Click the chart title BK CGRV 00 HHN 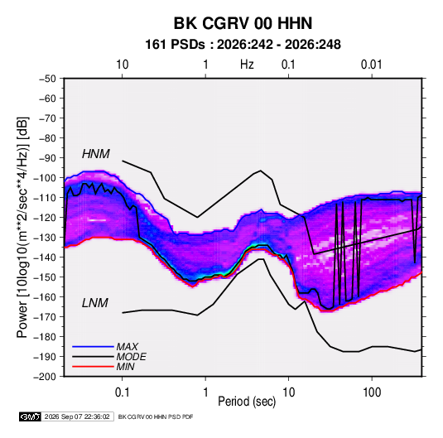pyautogui.click(x=243, y=23)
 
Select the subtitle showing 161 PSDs pyautogui.click(x=243, y=45)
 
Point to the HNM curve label pyautogui.click(x=96, y=154)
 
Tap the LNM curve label pyautogui.click(x=95, y=303)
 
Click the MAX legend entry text pyautogui.click(x=128, y=347)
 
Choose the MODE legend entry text pyautogui.click(x=131, y=357)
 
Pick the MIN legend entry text pyautogui.click(x=125, y=367)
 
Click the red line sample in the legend pyautogui.click(x=93, y=367)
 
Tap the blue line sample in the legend pyautogui.click(x=93, y=346)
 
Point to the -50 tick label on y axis pyautogui.click(x=47, y=79)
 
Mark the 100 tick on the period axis pyautogui.click(x=372, y=392)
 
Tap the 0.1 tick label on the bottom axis pyautogui.click(x=122, y=392)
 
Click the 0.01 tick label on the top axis pyautogui.click(x=371, y=65)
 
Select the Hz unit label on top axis pyautogui.click(x=247, y=65)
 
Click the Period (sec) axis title pyautogui.click(x=247, y=402)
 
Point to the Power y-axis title pyautogui.click(x=22, y=228)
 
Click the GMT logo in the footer pyautogui.click(x=31, y=416)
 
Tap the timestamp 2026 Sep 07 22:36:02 pyautogui.click(x=77, y=416)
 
